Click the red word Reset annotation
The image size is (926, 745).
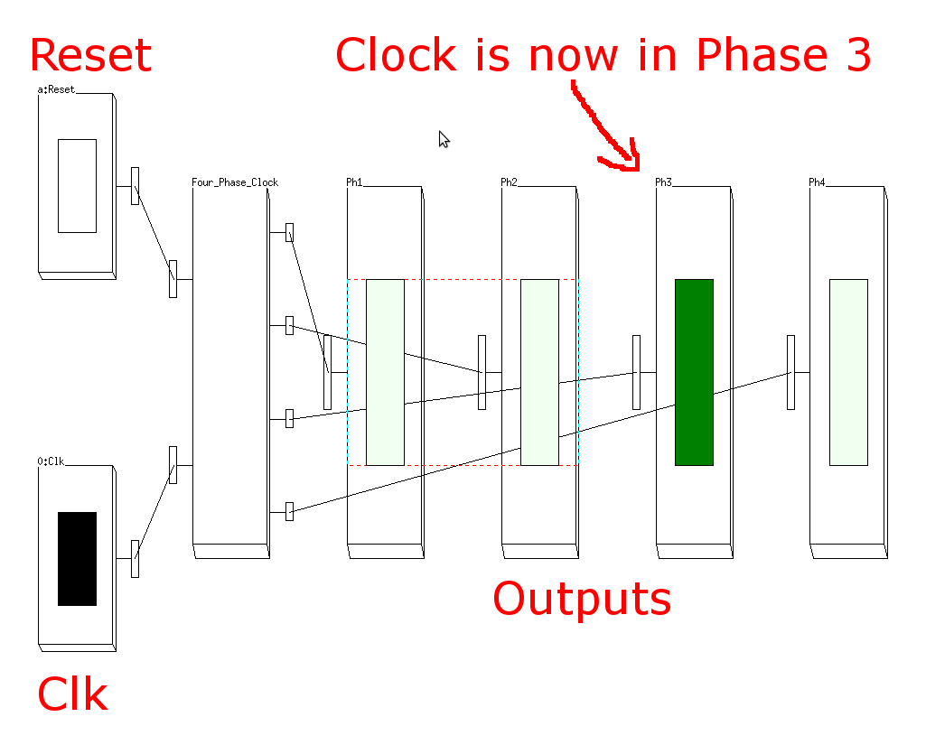90,56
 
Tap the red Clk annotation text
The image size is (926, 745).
72,696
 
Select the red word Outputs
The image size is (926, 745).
582,599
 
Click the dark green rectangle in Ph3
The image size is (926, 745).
694,372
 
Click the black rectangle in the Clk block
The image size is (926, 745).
77,558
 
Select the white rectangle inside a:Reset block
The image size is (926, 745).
77,185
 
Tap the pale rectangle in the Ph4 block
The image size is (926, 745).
848,372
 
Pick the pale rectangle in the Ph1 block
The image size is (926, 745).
385,372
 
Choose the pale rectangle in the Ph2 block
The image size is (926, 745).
539,372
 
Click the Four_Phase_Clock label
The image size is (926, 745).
235,182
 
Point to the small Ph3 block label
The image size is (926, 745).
664,182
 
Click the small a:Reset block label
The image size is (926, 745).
56,89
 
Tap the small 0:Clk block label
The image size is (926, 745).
51,461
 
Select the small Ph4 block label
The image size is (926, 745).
818,182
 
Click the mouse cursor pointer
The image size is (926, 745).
444,138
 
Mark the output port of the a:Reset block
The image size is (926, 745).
135,185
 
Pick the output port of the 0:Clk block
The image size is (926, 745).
135,558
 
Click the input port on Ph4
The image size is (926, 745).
790,372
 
